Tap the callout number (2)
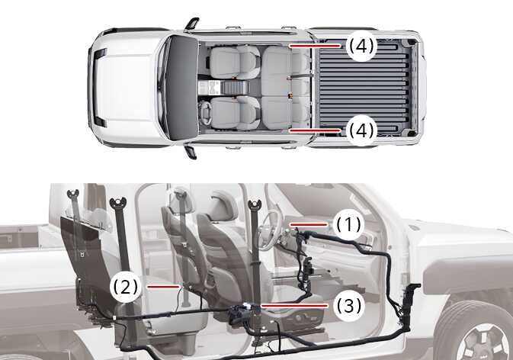coord(126,287)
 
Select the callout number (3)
coord(349,306)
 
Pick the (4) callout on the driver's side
coord(361,130)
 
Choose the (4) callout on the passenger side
coord(361,46)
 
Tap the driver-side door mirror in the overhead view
coord(191,151)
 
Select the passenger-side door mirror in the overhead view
coord(192,24)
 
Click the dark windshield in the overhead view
coord(182,88)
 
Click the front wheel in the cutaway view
coord(473,330)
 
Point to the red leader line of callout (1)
coord(308,224)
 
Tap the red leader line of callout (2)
coord(163,287)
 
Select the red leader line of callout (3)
coord(294,306)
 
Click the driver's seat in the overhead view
coord(235,112)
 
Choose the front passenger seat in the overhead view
coord(235,63)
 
